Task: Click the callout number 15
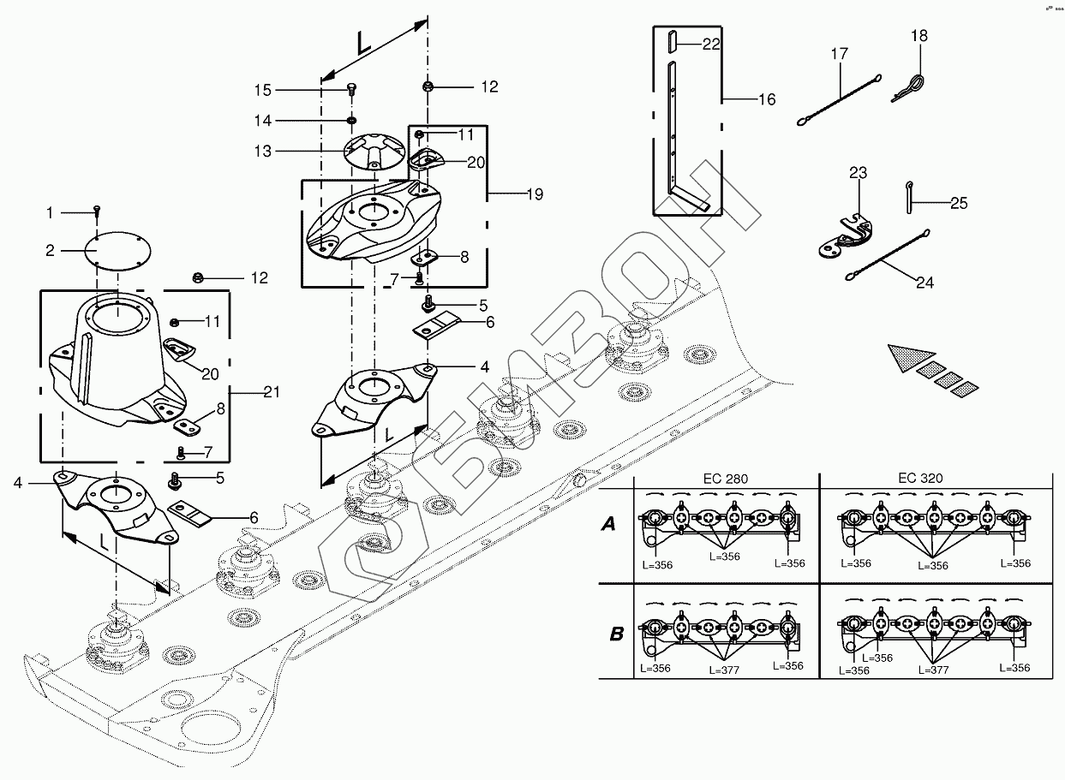click(262, 90)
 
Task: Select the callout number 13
click(262, 152)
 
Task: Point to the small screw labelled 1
click(98, 211)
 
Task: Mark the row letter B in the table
click(615, 634)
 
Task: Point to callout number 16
click(766, 100)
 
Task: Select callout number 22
click(711, 45)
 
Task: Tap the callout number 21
click(272, 392)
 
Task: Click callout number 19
click(533, 194)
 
